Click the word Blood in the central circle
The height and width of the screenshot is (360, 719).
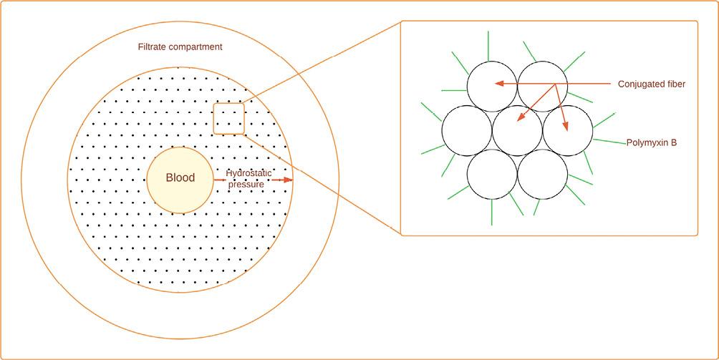[x=180, y=178]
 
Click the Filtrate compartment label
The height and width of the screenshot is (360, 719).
[x=180, y=47]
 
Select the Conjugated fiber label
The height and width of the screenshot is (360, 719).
[x=651, y=84]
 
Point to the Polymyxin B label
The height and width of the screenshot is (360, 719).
[x=651, y=142]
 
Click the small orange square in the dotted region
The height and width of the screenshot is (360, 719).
[x=229, y=118]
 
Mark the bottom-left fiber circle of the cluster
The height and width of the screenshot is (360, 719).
[x=492, y=174]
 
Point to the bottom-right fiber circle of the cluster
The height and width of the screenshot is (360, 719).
[x=543, y=174]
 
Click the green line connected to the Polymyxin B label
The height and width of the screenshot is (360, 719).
[x=609, y=142]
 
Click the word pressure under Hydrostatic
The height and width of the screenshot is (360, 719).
[x=246, y=185]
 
